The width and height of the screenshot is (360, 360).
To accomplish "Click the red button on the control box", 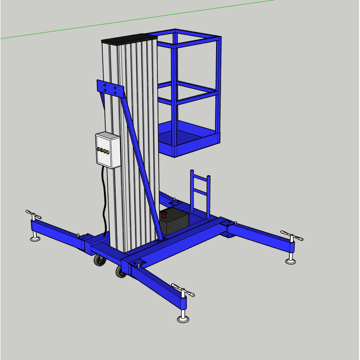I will coord(102,150).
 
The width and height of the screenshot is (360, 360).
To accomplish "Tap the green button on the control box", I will coord(105,152).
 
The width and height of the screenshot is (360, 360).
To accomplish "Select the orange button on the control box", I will coord(108,153).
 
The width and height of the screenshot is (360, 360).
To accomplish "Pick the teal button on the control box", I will coord(99,149).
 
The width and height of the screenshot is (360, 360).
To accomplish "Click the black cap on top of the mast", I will coord(129,40).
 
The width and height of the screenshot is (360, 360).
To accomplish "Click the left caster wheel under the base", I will coord(99,261).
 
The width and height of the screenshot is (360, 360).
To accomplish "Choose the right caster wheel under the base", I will coord(121,271).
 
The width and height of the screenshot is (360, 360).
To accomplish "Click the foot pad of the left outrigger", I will coord(36,237).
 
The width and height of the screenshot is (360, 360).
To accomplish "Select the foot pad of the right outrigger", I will coord(291,261).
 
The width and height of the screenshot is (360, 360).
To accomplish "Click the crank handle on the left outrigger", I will coord(34,214).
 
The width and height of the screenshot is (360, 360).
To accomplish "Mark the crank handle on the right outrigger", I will coord(292,236).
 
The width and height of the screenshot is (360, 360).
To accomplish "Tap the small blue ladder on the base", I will coord(200,191).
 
